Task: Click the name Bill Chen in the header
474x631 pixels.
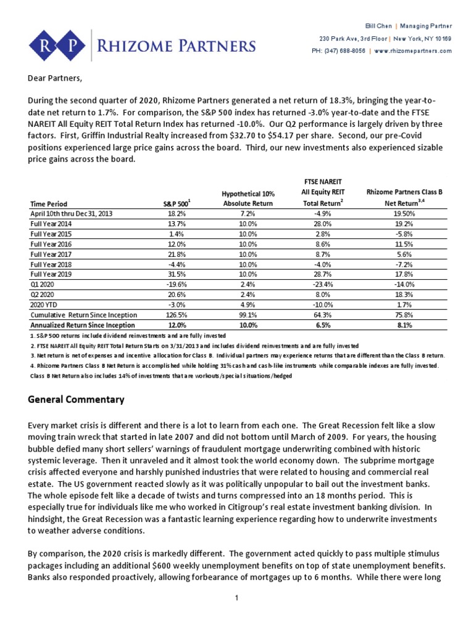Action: click(378, 26)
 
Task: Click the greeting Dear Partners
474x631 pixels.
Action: click(55, 79)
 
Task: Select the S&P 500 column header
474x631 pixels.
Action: click(175, 203)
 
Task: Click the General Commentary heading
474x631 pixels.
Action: click(77, 400)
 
